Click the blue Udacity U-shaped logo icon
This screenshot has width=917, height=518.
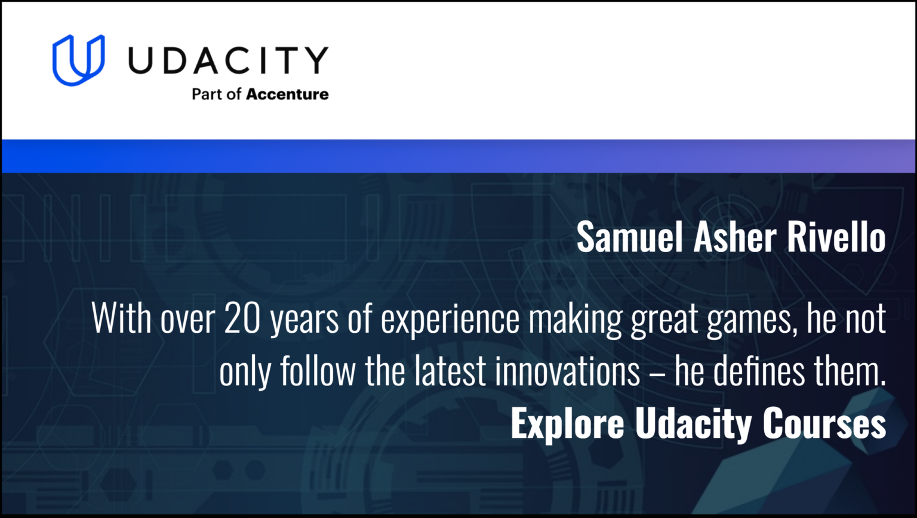(78, 60)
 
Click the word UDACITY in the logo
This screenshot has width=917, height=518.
(228, 60)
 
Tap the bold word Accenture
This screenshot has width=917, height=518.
(287, 94)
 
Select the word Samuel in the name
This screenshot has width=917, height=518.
(629, 237)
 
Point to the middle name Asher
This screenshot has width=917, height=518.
(734, 237)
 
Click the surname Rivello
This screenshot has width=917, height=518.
(836, 237)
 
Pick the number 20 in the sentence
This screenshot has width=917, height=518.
(242, 318)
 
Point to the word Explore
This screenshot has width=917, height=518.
(567, 424)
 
